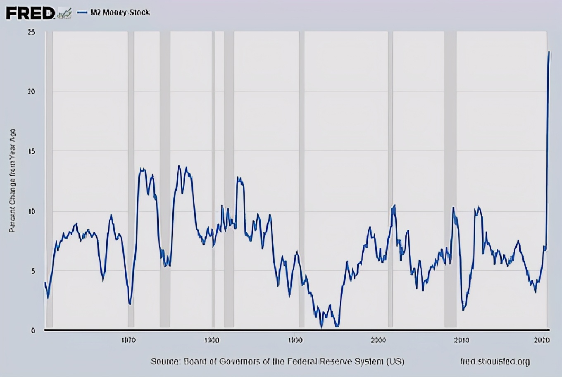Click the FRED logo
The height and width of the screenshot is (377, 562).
[x=30, y=13]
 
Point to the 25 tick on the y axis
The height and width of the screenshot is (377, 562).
[x=31, y=32]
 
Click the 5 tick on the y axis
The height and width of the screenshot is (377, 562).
[x=32, y=271]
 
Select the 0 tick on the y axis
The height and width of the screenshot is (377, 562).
[x=33, y=330]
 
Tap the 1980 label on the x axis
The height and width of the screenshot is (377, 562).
[x=212, y=340]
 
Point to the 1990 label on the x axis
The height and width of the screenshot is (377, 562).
[x=295, y=340]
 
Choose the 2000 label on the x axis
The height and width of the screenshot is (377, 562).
[x=378, y=340]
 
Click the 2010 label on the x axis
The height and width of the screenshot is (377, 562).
[x=461, y=340]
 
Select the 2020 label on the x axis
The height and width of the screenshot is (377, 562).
[x=541, y=340]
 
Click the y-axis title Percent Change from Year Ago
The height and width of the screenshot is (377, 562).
[x=12, y=181]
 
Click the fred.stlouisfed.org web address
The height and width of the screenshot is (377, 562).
[x=495, y=362]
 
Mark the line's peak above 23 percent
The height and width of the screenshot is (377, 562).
[x=549, y=52]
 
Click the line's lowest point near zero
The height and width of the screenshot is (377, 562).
[x=321, y=328]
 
